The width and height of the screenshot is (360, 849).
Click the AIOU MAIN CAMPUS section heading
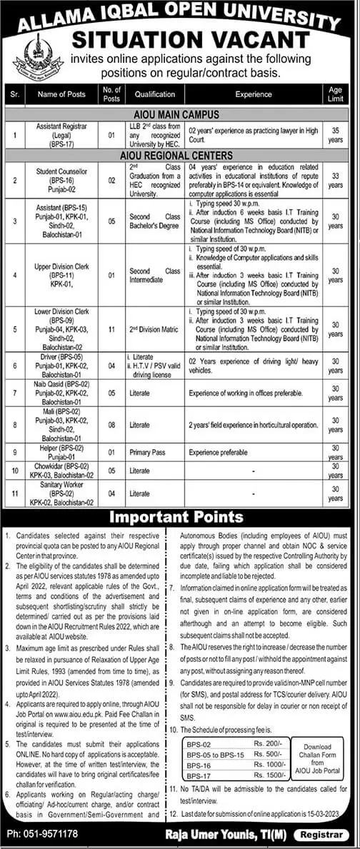pos(180,114)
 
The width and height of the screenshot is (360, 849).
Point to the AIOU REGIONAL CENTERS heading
pos(180,155)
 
